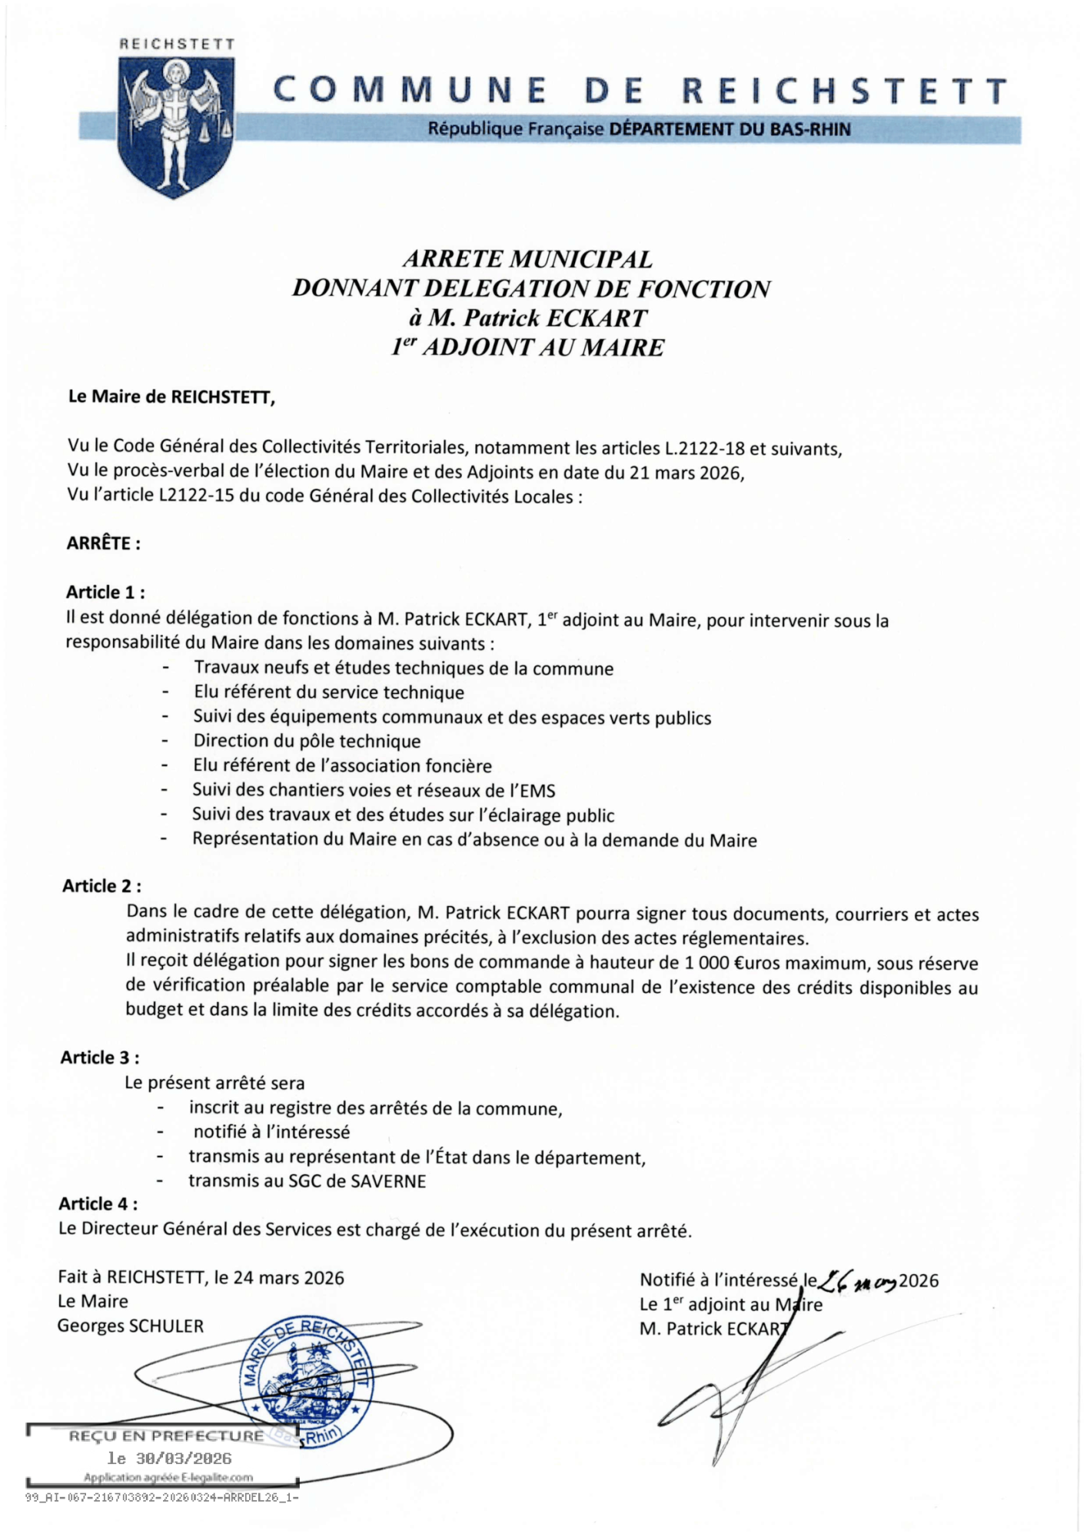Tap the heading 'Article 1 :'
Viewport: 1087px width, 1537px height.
click(105, 593)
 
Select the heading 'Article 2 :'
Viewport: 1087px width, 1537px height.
click(101, 886)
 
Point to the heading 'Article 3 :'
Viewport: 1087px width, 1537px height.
click(100, 1057)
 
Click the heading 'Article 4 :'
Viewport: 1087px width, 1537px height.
click(98, 1204)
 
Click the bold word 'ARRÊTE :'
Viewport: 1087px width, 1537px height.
click(104, 543)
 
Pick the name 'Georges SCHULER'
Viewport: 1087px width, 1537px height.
click(131, 1326)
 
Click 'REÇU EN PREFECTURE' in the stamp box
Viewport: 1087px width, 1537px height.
click(166, 1436)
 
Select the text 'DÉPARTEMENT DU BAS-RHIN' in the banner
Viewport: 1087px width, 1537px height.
click(730, 129)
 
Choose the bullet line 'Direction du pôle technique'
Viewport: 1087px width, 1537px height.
click(307, 742)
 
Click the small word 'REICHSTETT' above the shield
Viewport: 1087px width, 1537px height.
click(177, 45)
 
